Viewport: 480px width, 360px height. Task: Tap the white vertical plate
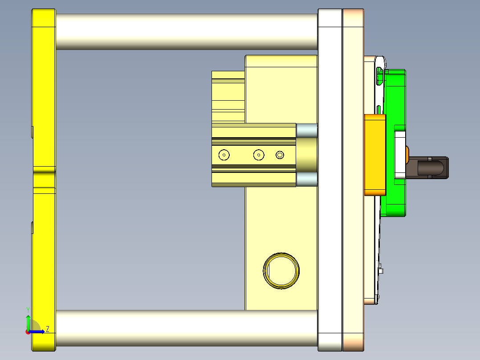[x=330, y=178]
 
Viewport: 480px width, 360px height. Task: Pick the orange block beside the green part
[x=374, y=155]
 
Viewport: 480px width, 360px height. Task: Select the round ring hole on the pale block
[x=281, y=271]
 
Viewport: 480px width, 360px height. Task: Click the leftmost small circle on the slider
[x=224, y=155]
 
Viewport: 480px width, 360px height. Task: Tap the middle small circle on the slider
[x=259, y=155]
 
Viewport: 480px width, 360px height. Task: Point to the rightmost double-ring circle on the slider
[x=280, y=155]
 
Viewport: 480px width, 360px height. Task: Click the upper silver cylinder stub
[x=307, y=130]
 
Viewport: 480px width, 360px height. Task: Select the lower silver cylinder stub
[x=307, y=180]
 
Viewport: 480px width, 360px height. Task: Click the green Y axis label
[x=28, y=309]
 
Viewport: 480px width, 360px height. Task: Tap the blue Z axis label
[x=48, y=329]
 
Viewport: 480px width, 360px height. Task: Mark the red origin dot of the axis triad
[x=28, y=331]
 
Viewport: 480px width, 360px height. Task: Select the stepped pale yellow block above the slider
[x=228, y=96]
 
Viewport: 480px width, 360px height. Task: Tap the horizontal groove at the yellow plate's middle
[x=44, y=170]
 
